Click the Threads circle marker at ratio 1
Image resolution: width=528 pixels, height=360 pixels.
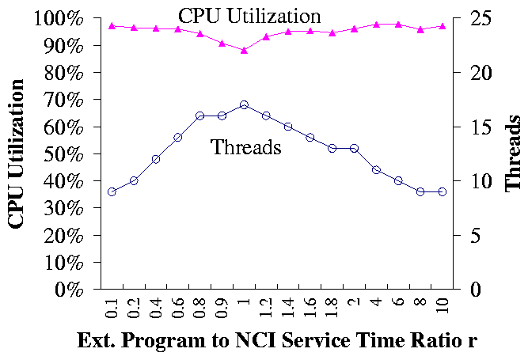244,104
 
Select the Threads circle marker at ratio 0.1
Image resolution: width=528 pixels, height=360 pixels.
112,191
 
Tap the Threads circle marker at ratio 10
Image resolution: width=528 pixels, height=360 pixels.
443,191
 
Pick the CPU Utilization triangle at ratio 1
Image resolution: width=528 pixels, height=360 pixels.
244,50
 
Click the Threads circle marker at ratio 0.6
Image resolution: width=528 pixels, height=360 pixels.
178,137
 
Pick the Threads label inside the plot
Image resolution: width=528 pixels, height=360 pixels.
246,146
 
